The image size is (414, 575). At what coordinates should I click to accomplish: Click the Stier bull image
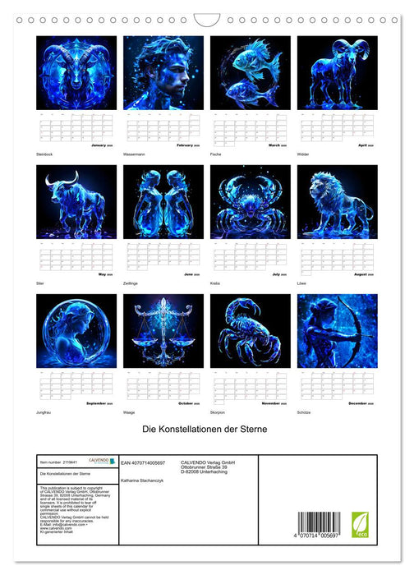point(76,201)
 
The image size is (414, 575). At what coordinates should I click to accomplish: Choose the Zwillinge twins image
point(163,201)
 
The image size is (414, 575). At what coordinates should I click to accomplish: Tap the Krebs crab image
point(251,201)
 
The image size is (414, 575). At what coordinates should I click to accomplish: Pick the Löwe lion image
point(338,201)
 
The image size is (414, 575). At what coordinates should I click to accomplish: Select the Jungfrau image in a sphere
point(76,331)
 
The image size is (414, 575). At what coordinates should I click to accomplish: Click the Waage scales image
point(163,331)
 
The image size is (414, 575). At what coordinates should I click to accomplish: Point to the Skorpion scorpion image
point(251,331)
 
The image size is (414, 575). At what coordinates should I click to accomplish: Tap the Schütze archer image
point(338,331)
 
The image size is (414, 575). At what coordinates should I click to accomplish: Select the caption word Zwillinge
point(136,283)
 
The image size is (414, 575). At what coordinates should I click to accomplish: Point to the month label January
point(100,145)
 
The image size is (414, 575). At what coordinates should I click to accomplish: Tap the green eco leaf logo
point(360,524)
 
